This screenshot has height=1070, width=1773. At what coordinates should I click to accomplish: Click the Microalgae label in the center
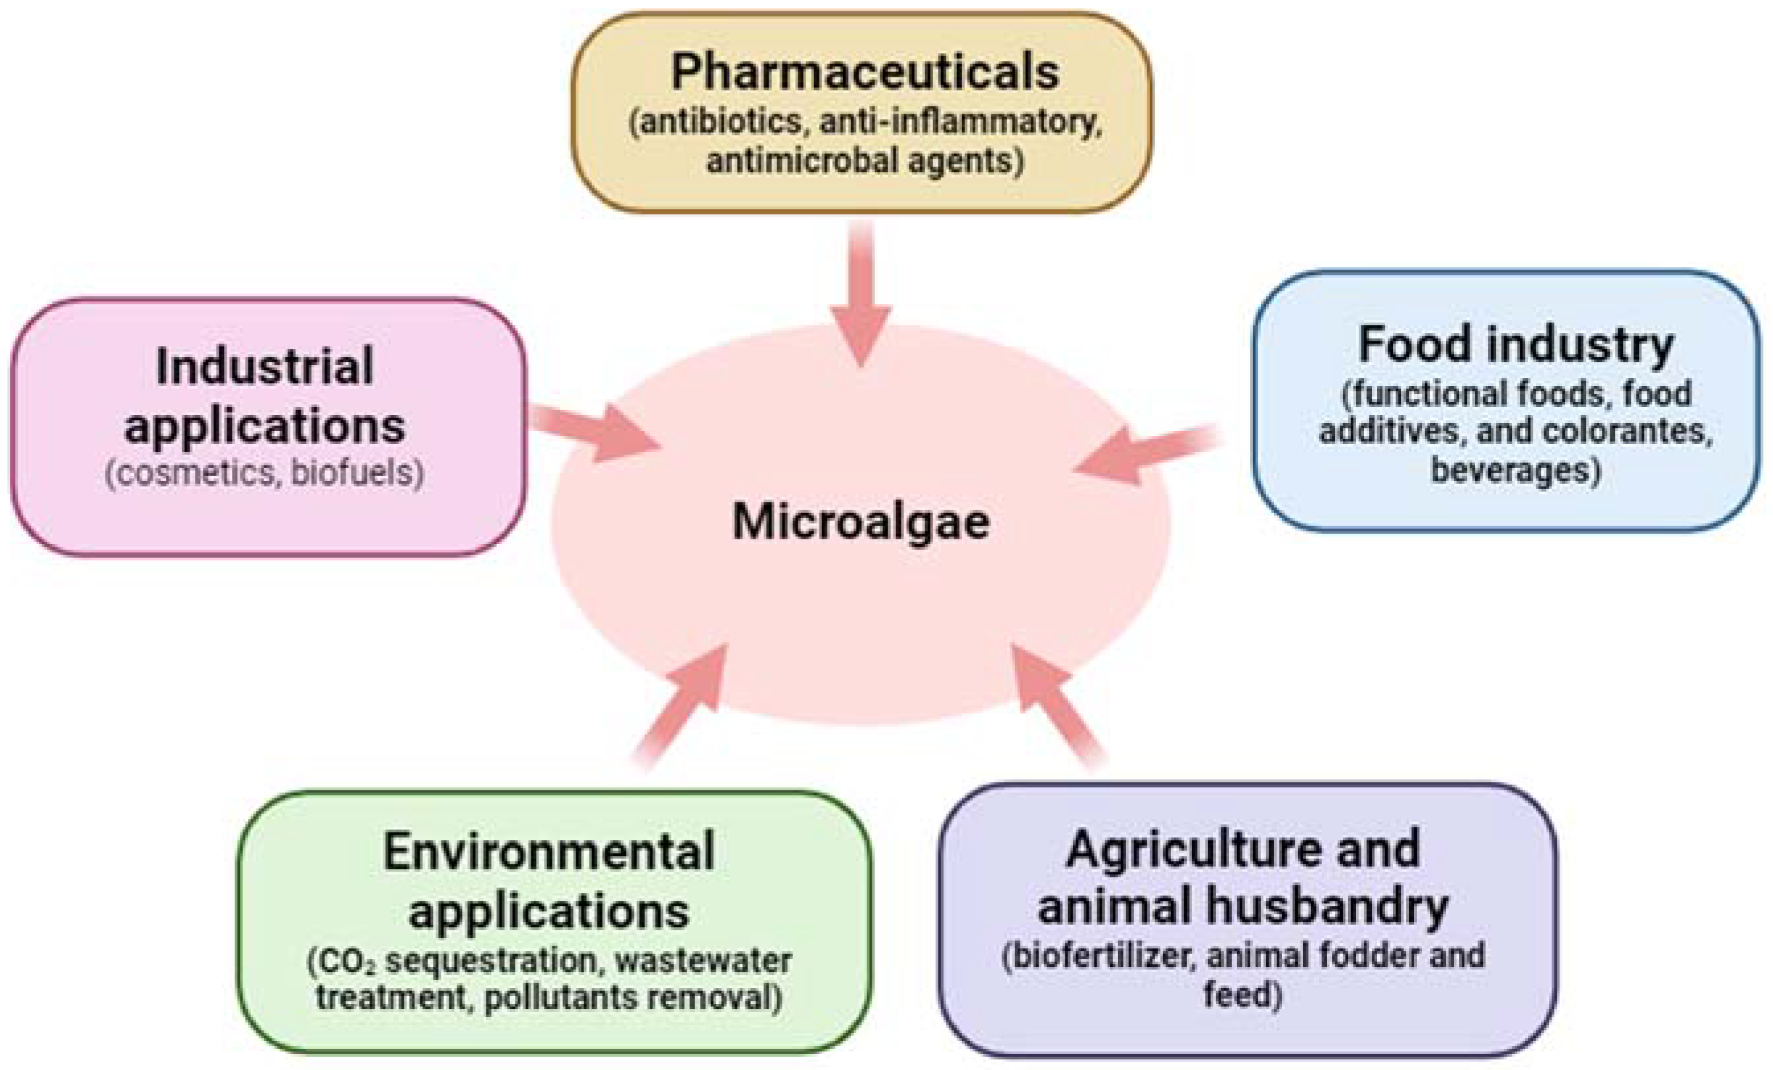click(860, 521)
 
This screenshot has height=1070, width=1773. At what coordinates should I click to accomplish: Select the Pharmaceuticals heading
click(864, 72)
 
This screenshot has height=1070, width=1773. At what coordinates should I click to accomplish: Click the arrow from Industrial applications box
click(597, 432)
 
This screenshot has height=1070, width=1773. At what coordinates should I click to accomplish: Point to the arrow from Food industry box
click(1144, 452)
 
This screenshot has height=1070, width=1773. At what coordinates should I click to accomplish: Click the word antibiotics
click(715, 122)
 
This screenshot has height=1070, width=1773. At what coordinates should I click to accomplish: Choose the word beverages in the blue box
click(1515, 471)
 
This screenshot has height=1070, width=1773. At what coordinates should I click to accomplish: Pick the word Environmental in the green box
click(548, 851)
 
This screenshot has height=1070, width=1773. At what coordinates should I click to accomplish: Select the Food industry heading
click(1515, 345)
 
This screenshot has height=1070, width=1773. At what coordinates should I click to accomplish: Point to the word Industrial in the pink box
click(265, 366)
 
